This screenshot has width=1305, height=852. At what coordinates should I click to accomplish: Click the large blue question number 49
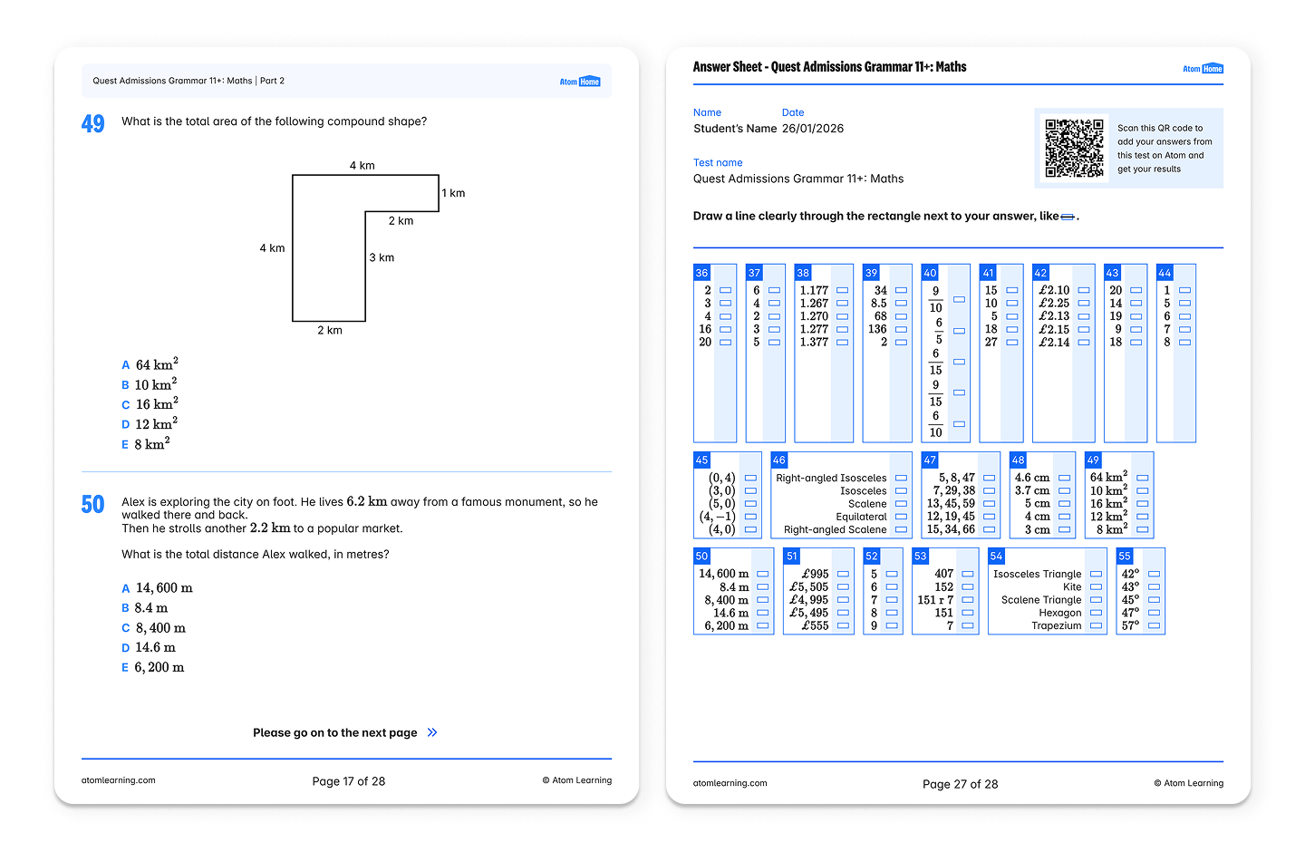pos(92,123)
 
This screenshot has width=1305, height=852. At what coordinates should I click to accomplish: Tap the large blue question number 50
pos(92,505)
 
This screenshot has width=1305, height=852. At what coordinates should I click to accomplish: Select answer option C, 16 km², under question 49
pos(150,404)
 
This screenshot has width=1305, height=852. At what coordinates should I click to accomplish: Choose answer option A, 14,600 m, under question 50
pos(158,588)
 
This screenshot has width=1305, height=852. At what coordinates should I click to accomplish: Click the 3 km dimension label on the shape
pos(382,257)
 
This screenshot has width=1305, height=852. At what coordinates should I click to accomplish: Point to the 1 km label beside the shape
pos(453,193)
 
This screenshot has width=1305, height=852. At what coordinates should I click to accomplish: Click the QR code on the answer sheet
pos(1074,148)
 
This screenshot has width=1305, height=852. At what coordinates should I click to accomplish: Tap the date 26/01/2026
pos(813,128)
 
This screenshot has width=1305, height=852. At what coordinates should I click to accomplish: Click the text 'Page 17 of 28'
pos(348,781)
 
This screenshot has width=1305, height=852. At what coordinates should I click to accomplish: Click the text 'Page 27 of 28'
pos(960,784)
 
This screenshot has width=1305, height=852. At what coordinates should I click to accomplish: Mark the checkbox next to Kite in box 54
pos(1096,586)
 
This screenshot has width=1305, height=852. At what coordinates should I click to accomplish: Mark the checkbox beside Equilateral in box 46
pos(901,517)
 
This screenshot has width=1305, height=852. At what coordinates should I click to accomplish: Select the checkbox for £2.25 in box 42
pos(1084,303)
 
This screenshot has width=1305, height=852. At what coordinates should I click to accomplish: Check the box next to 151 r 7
pos(968,600)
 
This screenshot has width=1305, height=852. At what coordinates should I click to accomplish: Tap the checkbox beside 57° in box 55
pos(1155,626)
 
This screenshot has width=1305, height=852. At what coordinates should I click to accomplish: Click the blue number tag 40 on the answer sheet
pos(930,273)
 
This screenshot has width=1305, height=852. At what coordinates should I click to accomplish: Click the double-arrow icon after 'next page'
pos(432,732)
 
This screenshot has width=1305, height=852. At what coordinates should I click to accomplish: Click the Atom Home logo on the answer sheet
pos(1203,69)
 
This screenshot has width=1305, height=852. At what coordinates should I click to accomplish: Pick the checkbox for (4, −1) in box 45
pos(751,517)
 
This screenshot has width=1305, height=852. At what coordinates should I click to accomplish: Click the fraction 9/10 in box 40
pos(935,299)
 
